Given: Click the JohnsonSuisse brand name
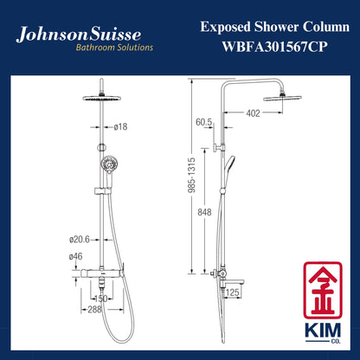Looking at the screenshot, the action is (79, 34).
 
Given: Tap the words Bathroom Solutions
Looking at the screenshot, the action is (114, 48).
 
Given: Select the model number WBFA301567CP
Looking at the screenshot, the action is (274, 47).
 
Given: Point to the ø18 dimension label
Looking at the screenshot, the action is (120, 126).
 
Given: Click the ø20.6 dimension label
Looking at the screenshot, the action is (80, 240).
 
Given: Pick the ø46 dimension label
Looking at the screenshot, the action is (75, 256).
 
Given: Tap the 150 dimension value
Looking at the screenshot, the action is (100, 299).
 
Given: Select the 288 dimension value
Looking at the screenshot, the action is (94, 310).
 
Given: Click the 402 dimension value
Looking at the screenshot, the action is (253, 113).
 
